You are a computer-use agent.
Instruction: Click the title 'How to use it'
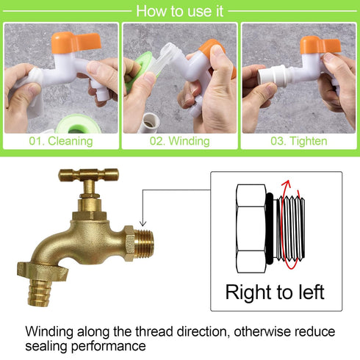(x=180, y=11)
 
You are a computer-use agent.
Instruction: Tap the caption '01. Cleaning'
(x=61, y=141)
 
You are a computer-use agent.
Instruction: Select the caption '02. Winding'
(x=180, y=141)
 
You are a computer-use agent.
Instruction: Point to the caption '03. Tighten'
(x=299, y=141)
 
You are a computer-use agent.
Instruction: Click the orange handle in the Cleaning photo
(x=76, y=42)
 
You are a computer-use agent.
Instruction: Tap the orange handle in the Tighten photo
(x=320, y=45)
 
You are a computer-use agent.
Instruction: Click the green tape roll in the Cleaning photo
(x=79, y=125)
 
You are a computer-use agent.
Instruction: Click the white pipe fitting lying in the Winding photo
(x=150, y=123)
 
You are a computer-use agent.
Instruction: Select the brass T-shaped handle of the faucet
(x=88, y=175)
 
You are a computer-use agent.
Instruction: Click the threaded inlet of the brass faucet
(x=144, y=244)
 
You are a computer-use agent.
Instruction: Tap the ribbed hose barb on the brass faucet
(x=40, y=292)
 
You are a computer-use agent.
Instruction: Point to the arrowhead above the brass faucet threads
(x=143, y=223)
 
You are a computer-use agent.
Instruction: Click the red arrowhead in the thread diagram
(x=287, y=184)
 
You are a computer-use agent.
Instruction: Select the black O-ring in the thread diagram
(x=270, y=228)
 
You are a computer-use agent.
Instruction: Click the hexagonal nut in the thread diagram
(x=251, y=228)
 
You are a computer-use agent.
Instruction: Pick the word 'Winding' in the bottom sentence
(x=49, y=332)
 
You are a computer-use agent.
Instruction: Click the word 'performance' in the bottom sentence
(x=109, y=347)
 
